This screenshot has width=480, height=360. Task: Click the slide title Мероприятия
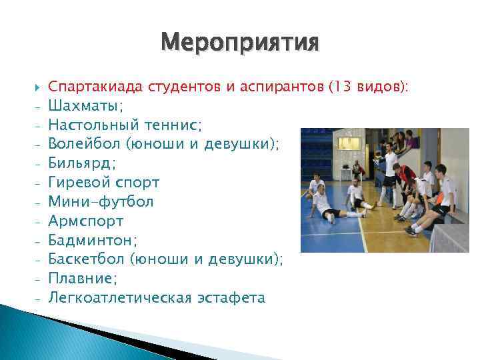[239, 44]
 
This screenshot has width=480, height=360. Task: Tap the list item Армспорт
[85, 221]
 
